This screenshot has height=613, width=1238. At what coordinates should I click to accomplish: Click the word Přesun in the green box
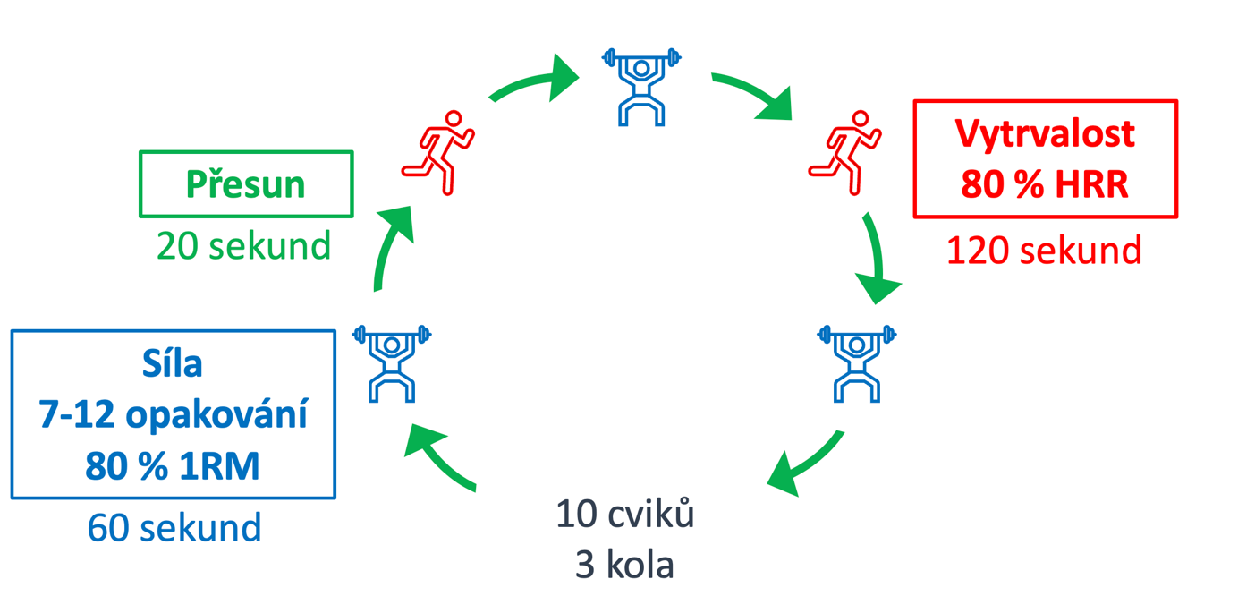[x=246, y=184]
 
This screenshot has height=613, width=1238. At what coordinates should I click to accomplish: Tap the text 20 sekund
[x=243, y=244]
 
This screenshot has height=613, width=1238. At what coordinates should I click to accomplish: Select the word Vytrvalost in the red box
[x=1045, y=133]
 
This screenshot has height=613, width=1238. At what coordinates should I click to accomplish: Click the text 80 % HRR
[x=1045, y=184]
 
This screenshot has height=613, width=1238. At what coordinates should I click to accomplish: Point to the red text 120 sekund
[x=1044, y=251]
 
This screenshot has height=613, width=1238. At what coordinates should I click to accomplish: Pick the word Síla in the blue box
[x=173, y=363]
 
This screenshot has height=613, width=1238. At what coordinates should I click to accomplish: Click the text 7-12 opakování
[x=173, y=415]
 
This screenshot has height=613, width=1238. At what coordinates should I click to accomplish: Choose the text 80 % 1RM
[x=173, y=466]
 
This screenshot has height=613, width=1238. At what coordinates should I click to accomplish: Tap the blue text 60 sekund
[x=174, y=527]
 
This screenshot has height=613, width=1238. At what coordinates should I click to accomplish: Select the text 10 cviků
[x=624, y=515]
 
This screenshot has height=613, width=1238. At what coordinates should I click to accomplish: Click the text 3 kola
[x=624, y=566]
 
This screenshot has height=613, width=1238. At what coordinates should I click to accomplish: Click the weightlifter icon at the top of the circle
[x=641, y=86]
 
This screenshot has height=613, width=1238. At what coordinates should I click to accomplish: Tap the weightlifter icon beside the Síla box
[x=392, y=362]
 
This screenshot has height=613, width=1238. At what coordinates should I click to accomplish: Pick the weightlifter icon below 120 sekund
[x=856, y=362]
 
